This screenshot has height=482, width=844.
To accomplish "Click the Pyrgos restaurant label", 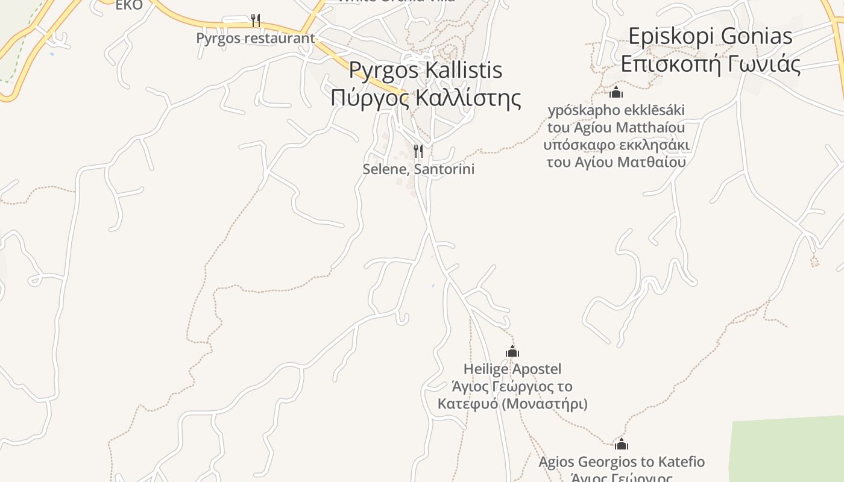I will pos(255,38).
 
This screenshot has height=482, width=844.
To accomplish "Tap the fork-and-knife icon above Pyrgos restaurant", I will pos(256,20).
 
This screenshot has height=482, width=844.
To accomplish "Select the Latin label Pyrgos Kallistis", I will pos(425,70).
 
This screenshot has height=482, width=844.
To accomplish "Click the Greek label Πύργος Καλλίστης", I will pos(425,97).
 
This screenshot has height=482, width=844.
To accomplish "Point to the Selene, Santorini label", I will pos(418,169).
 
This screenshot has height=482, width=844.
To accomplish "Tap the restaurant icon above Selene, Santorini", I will pos(418,151).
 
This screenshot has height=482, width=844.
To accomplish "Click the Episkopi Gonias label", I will pos(710,36).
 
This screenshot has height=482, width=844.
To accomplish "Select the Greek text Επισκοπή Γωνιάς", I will pos(710,64).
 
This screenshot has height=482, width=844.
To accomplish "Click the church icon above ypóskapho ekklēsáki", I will pos(616,93).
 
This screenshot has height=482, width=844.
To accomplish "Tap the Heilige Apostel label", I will pos(512,369).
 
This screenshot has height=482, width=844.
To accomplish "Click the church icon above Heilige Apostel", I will pos(512,351).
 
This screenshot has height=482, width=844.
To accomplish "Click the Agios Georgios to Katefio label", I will pos(621,462).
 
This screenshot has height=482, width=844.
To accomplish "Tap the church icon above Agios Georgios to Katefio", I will pos(622,445).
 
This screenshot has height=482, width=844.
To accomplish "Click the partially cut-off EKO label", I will pos(129,5).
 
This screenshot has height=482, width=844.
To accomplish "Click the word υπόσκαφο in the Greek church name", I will pos(579,145).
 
